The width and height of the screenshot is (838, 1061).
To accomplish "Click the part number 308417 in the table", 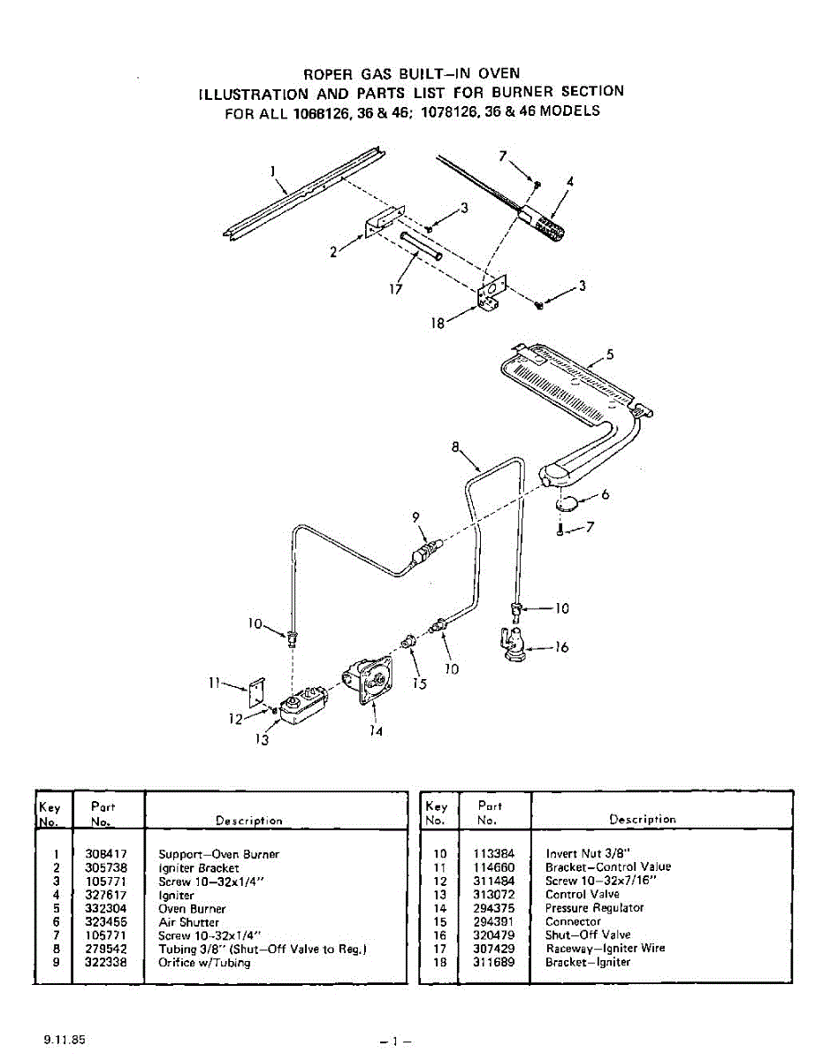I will pos(106,854).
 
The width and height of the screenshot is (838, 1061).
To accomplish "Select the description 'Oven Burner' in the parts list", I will pos(192,909).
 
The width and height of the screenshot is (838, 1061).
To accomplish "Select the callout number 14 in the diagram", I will pos(377,732).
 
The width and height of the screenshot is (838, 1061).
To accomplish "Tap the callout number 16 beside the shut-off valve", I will pos(561,648).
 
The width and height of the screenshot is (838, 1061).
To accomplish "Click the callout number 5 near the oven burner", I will pos(610,355).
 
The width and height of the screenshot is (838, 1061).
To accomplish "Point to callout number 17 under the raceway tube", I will pos(394,288).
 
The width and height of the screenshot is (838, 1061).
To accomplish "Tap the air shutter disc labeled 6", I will pos(567,504).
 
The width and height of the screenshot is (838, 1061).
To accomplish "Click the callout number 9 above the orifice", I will pos(415,517).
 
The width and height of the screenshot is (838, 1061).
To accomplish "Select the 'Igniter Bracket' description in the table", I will pos(198,868).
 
